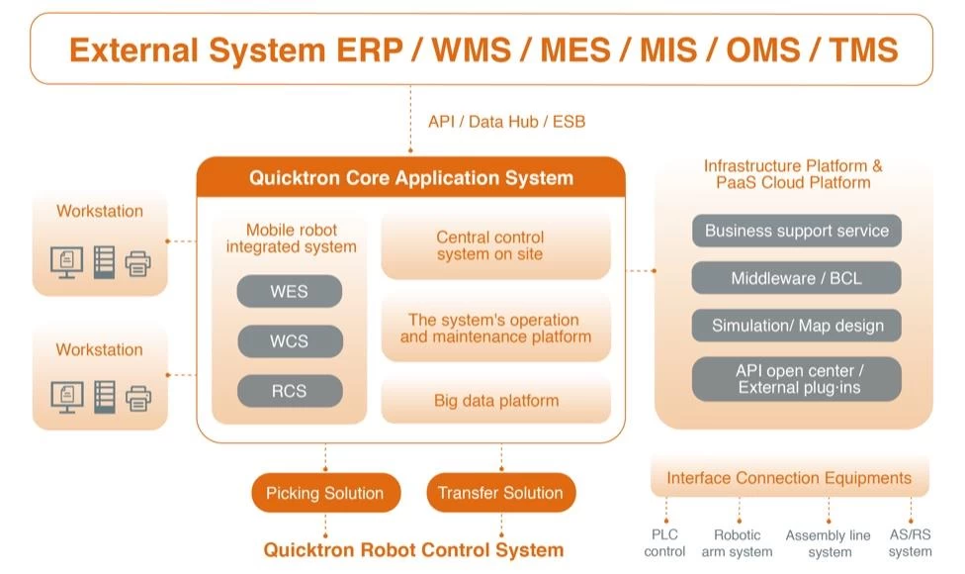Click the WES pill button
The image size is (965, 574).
point(290,292)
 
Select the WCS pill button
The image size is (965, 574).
point(290,341)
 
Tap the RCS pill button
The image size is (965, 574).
point(290,391)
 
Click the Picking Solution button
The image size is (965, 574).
point(325,493)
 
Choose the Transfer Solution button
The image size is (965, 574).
point(500,493)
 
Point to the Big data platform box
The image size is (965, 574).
point(496,401)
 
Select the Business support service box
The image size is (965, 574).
point(797,232)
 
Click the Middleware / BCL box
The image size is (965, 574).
point(797,279)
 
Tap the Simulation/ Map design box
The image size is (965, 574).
point(797,326)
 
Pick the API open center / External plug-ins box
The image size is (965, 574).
point(797,379)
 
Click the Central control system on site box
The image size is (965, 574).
point(490,245)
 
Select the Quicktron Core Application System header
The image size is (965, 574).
point(411,178)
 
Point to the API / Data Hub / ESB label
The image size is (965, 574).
point(507,122)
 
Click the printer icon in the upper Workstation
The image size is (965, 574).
point(138,262)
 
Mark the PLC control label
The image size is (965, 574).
point(664,543)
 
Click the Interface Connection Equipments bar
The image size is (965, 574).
point(789,478)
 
